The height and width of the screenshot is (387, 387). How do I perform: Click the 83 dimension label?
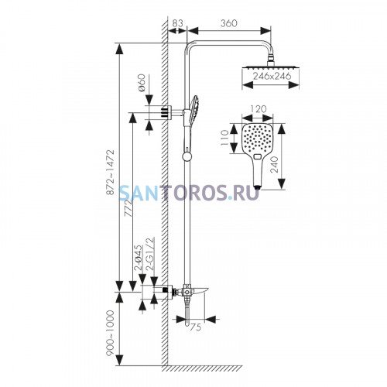coord(176,23)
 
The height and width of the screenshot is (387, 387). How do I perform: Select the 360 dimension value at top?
coord(228,23)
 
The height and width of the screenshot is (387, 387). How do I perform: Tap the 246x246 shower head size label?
coord(272,76)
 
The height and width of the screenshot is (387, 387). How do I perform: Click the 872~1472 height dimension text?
coord(111,172)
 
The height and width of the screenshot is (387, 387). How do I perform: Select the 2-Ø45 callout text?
coord(138,257)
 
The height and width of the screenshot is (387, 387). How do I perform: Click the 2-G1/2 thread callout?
coord(150,253)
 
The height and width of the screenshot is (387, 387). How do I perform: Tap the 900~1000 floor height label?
coord(111,333)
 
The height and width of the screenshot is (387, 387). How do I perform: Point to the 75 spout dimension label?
coord(195,327)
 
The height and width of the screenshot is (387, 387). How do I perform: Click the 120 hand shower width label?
coord(259,109)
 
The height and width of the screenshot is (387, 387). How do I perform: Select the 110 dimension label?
coord(224,138)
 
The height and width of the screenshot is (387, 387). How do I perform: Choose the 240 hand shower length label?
coord(274,165)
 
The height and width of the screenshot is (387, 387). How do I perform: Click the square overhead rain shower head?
coord(271,67)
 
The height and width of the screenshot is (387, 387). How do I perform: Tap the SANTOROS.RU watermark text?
coord(189,193)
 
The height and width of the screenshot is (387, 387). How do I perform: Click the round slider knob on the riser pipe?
coord(187,156)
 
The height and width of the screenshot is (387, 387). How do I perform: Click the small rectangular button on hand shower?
coord(258,156)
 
